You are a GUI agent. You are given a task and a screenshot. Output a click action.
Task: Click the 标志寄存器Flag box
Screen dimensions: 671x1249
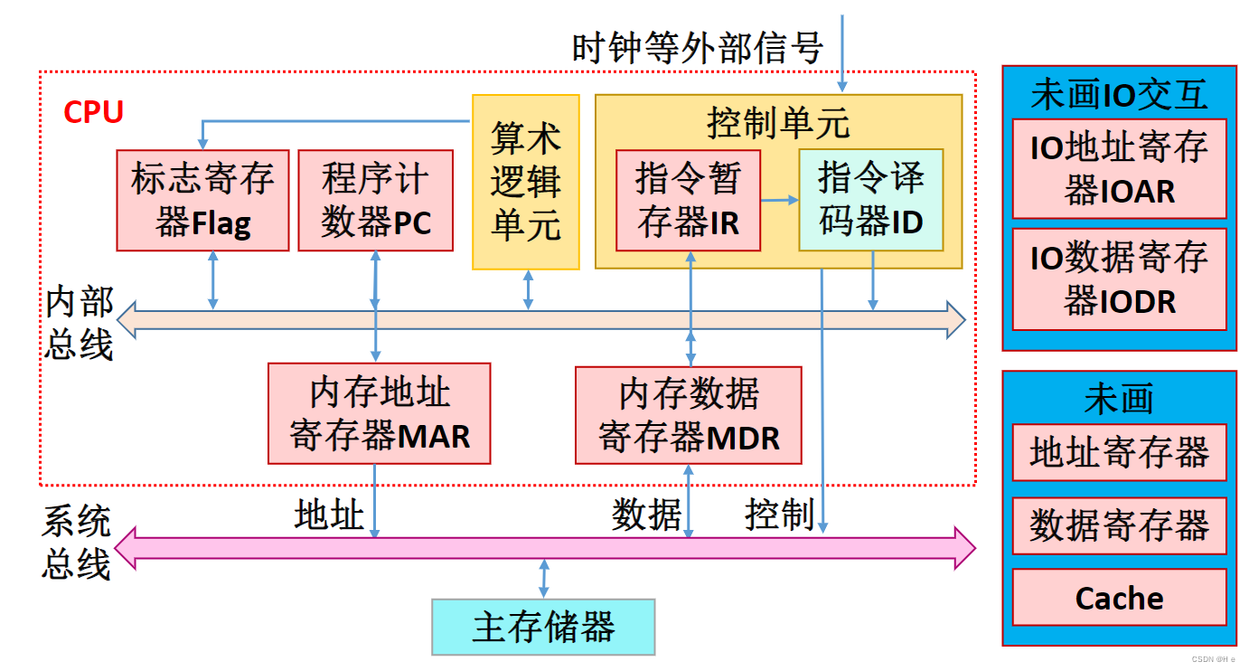click(x=202, y=200)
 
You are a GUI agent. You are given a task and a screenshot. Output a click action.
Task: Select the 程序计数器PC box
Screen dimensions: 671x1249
click(x=375, y=200)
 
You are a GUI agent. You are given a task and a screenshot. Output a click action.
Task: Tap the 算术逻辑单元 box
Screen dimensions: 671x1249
click(x=525, y=182)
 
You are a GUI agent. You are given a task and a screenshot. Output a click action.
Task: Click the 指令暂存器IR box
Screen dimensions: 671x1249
click(x=688, y=200)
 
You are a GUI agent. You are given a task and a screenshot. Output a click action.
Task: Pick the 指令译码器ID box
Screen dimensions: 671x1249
click(x=870, y=200)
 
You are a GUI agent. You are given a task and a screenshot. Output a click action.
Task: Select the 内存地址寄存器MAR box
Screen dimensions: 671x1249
click(x=380, y=413)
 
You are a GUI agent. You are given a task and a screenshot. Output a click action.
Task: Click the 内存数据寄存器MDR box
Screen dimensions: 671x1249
click(x=689, y=414)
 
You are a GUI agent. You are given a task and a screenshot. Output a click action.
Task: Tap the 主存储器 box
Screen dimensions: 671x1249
click(x=543, y=627)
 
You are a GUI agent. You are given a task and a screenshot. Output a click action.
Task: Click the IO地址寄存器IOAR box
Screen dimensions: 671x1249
click(x=1119, y=169)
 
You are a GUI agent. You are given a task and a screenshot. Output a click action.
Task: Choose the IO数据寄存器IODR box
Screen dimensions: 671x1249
click(x=1119, y=279)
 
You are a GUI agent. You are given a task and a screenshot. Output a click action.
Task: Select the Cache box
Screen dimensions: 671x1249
click(x=1119, y=598)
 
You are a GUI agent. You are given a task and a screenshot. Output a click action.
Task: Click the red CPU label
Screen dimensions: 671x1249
click(x=93, y=112)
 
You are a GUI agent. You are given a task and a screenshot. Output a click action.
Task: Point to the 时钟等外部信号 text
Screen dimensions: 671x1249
click(x=697, y=47)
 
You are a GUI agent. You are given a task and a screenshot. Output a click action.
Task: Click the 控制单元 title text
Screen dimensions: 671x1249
click(x=778, y=122)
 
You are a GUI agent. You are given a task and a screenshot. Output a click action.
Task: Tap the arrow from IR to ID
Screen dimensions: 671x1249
click(x=779, y=200)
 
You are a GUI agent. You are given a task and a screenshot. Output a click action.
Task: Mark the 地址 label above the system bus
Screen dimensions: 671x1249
click(x=329, y=515)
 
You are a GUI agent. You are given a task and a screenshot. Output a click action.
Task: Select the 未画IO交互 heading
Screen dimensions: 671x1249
click(x=1119, y=94)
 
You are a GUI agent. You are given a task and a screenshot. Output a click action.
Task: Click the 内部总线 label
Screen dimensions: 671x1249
click(x=80, y=323)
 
